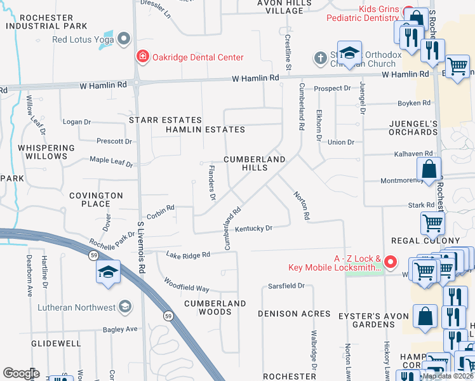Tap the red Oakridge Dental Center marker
(142, 57)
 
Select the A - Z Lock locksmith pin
(391, 262)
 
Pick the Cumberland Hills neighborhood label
(254, 163)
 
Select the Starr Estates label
(165, 120)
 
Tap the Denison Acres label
(294, 314)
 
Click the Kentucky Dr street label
(254, 229)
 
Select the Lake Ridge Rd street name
(187, 255)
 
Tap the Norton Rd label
(301, 206)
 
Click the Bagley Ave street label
(121, 330)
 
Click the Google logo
(21, 373)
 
